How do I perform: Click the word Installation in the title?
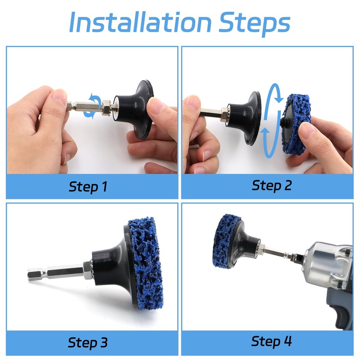point(140,22)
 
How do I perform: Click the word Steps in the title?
point(254,24)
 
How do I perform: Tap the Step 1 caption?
point(88,187)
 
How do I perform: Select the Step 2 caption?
point(272,185)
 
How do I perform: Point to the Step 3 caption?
point(88,343)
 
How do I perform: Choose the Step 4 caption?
point(271,342)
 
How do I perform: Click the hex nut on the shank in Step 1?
point(107,108)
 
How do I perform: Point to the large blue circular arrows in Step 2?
point(273,121)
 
